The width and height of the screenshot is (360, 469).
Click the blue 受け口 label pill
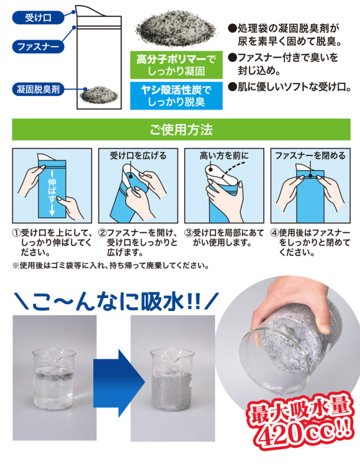[x=38, y=18]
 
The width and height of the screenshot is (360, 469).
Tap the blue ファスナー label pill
[x=38, y=47]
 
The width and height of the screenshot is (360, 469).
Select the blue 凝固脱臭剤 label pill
[x=38, y=89]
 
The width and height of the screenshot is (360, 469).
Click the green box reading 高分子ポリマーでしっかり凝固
[x=176, y=65]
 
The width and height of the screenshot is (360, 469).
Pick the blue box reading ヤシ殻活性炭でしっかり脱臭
[x=176, y=96]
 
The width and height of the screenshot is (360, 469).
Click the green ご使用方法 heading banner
[x=181, y=129]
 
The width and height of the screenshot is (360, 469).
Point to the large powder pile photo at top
[x=176, y=28]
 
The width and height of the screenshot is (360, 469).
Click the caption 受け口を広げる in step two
[x=138, y=156]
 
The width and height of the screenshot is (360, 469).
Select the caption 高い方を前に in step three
[x=224, y=156]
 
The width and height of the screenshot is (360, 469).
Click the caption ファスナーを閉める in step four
[x=310, y=156]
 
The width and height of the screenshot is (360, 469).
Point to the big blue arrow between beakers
[x=119, y=383]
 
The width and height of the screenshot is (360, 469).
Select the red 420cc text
[x=302, y=432]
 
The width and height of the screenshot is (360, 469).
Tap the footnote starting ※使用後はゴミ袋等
[x=110, y=265]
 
